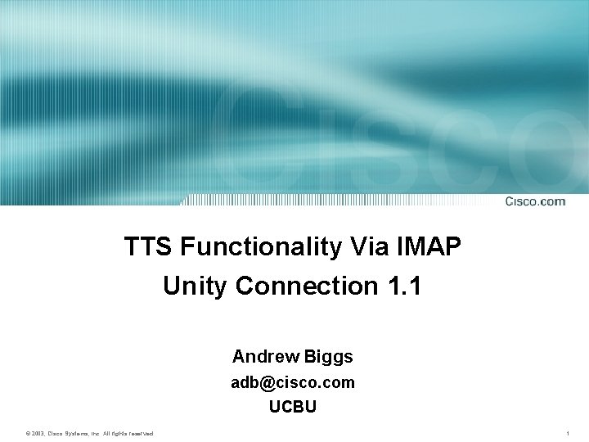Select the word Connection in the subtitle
tap(303, 286)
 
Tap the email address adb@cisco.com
tap(293, 382)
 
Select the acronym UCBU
tap(293, 405)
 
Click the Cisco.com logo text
tap(534, 201)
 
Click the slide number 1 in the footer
tap(568, 432)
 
